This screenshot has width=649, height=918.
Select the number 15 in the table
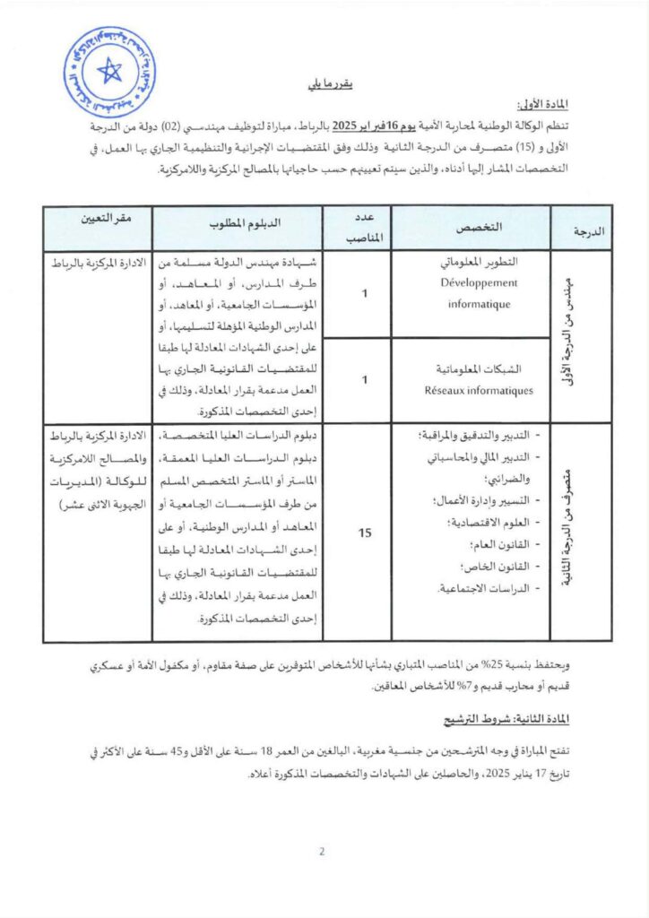click(365, 533)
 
